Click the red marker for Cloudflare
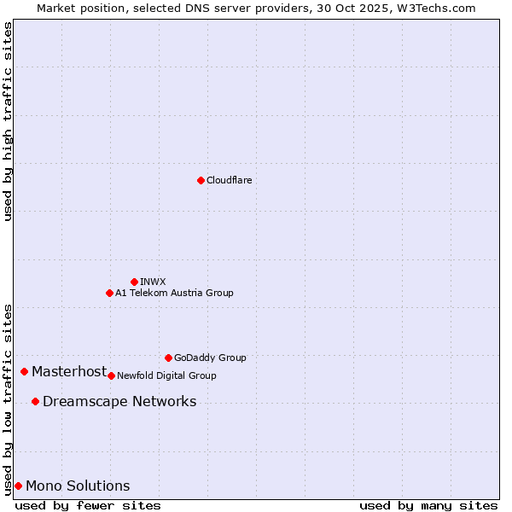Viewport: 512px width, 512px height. coord(201,180)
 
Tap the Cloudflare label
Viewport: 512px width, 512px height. coord(230,180)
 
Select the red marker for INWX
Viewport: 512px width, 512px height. coord(134,282)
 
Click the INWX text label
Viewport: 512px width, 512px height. coord(154,282)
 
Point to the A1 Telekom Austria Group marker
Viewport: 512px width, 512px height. coord(109,293)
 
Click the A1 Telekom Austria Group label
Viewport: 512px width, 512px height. coord(175,293)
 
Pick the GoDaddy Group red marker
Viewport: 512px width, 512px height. coord(168,358)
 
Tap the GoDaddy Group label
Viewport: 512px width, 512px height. coord(210,358)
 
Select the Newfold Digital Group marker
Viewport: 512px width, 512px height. coord(111,375)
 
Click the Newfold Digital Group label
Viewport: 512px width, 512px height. coord(167,375)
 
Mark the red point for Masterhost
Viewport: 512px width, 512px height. coord(24,371)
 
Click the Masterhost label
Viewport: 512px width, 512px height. coord(69,371)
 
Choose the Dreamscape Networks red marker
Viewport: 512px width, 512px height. coord(35,401)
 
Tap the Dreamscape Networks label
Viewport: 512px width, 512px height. coord(119,401)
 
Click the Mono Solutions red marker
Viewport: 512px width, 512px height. coord(18,486)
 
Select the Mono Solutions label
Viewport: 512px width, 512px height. coord(78,486)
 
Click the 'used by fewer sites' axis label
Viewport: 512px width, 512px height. coord(88,505)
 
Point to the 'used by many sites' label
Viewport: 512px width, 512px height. coord(428,505)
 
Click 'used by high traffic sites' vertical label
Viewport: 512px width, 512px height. coord(8,121)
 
